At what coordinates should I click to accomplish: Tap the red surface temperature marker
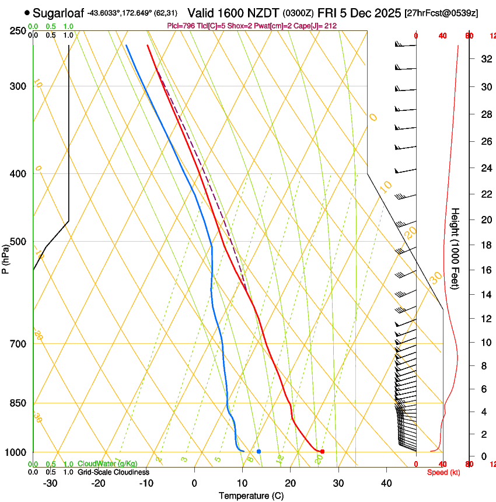point(322,451)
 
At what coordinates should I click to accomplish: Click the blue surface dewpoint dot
point(259,451)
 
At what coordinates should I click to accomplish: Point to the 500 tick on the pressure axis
point(19,242)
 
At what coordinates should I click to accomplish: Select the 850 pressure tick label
point(19,403)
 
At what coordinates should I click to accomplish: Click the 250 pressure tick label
point(19,30)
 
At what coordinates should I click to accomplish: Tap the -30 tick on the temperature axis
point(50,483)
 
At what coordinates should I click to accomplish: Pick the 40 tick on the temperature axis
point(386,483)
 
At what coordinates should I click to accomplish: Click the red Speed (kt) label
point(443,472)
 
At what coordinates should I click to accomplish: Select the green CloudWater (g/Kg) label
point(107,464)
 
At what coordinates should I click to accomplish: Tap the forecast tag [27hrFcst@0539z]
point(441,13)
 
